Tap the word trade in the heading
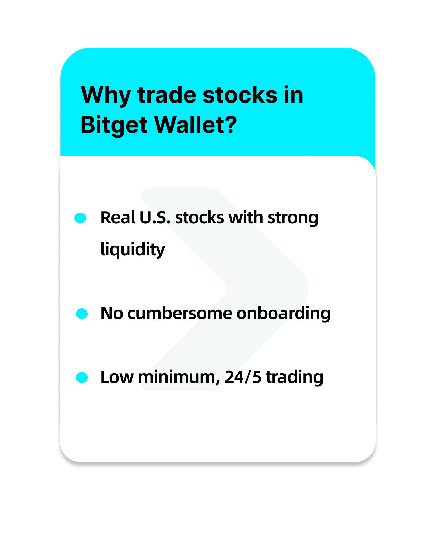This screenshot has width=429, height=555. (167, 95)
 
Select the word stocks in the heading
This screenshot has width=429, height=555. (240, 95)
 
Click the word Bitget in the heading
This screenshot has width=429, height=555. (114, 125)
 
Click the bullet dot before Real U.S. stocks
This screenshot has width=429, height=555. (80, 218)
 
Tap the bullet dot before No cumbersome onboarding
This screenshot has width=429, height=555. (82, 314)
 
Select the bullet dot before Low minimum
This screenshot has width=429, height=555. (82, 377)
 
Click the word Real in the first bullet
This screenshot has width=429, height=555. (118, 218)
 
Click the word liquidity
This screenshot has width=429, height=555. (132, 249)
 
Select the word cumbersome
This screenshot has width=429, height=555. (180, 313)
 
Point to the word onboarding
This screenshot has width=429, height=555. (283, 314)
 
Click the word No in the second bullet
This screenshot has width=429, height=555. (111, 313)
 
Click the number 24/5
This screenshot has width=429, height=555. (243, 377)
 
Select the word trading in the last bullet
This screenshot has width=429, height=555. (295, 378)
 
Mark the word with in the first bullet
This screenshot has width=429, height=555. (245, 218)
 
